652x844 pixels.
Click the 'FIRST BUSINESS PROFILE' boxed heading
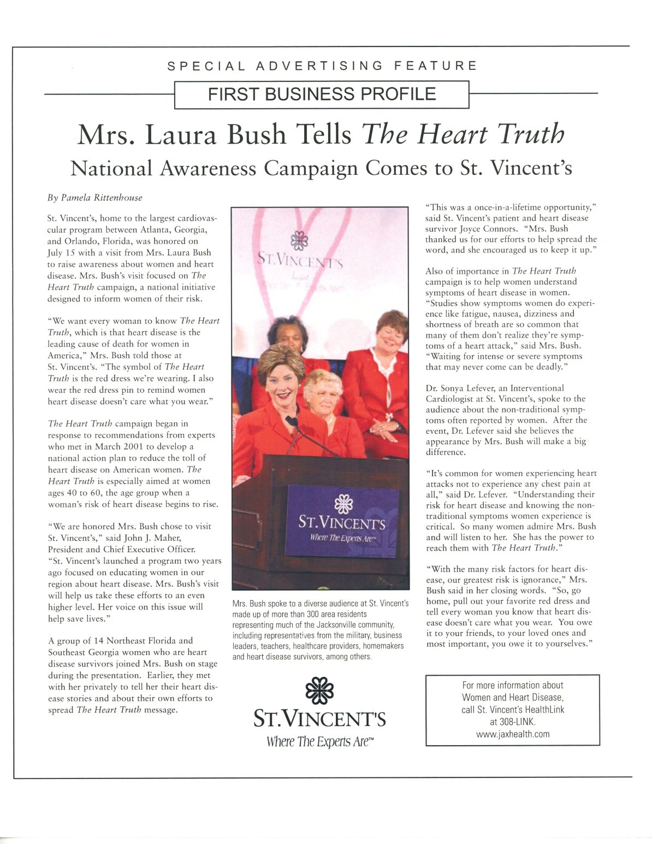322,94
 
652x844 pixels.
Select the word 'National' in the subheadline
111,168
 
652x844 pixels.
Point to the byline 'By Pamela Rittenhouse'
94,197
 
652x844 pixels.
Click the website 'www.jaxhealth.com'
512,734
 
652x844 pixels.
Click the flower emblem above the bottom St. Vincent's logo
319,690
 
